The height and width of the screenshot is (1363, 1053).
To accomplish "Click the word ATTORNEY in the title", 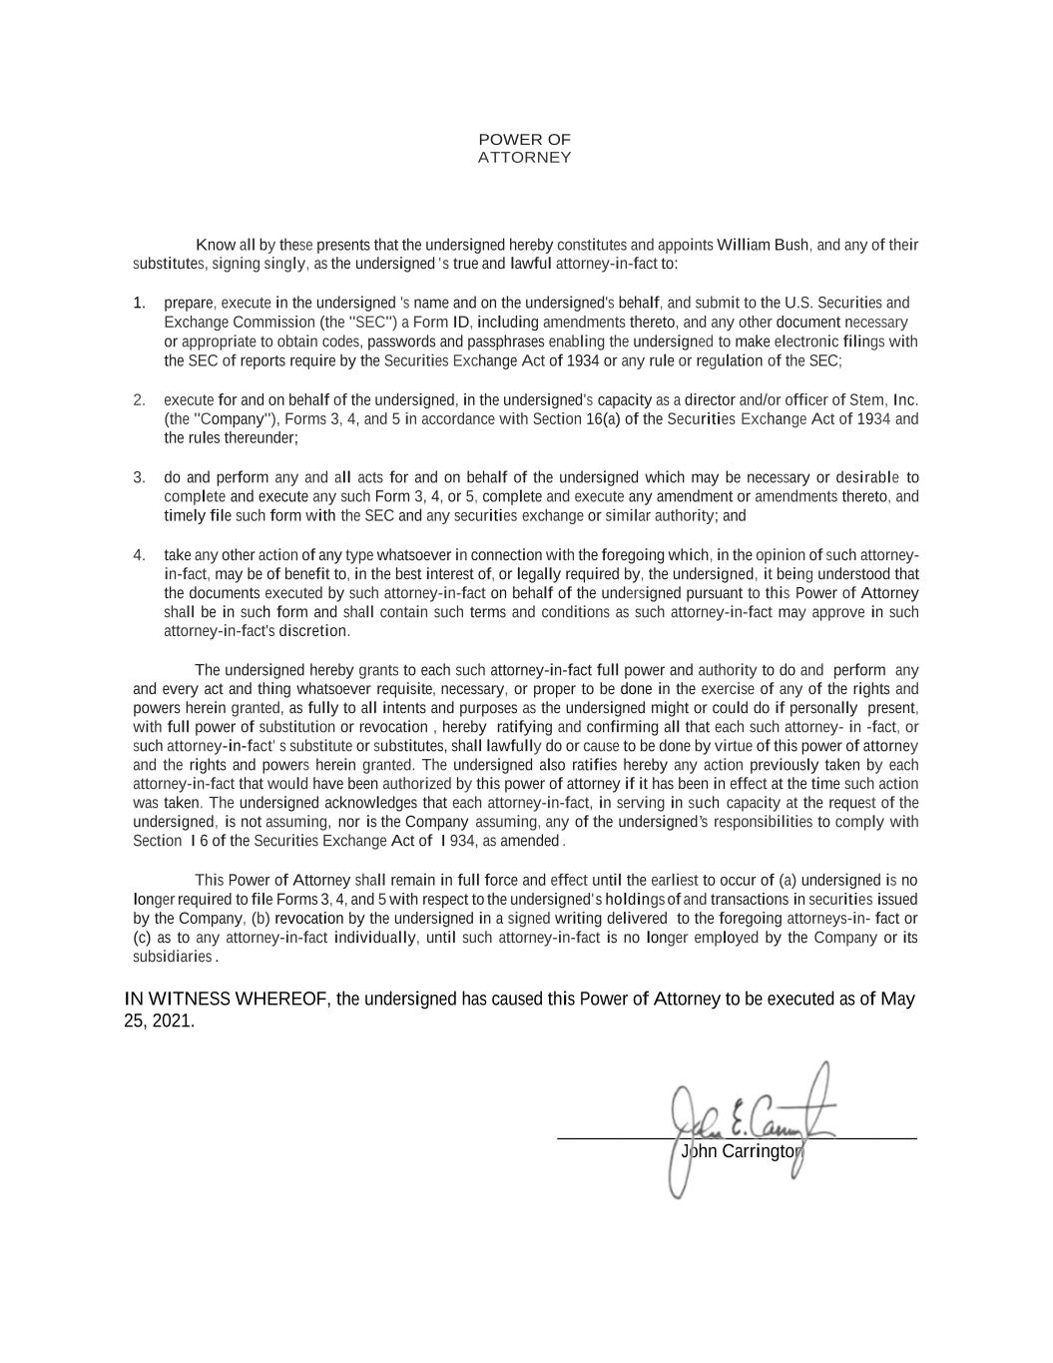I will tap(524, 158).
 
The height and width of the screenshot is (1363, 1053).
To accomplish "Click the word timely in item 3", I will tap(184, 516).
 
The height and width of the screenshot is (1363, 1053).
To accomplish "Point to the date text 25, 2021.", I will tap(158, 1022).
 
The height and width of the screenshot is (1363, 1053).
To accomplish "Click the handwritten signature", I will tap(749, 1118).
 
